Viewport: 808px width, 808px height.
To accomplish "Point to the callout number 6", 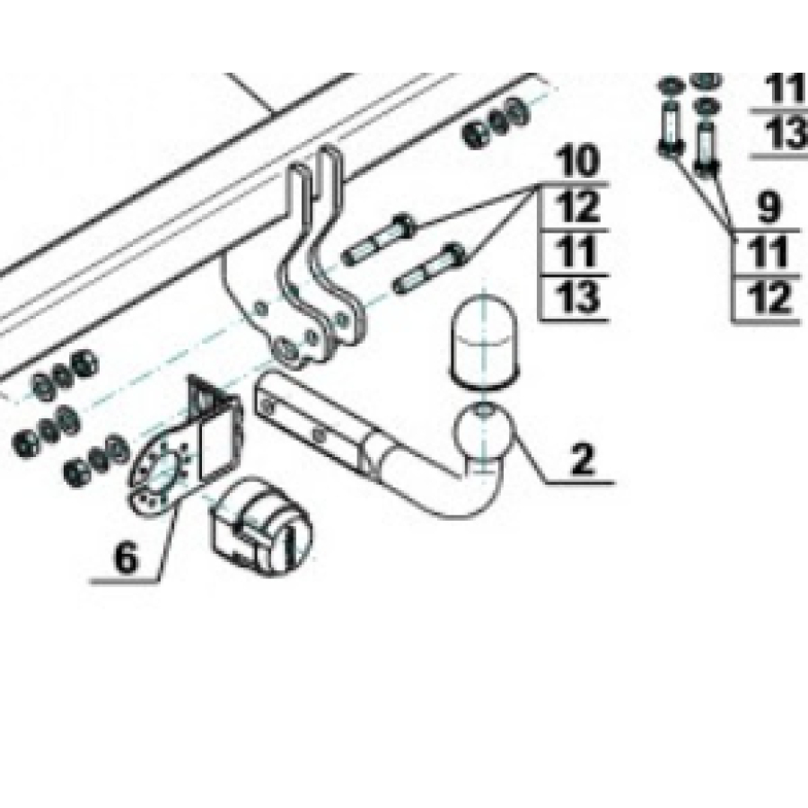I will pyautogui.click(x=126, y=558).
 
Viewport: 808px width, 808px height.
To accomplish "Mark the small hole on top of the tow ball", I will pyautogui.click(x=483, y=411).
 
